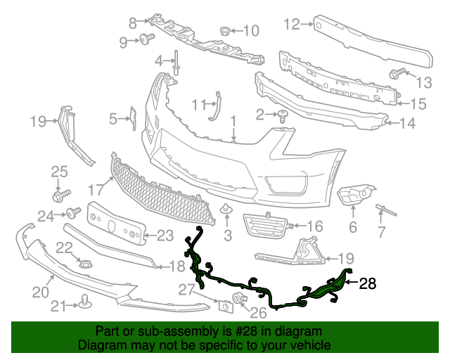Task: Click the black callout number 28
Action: tap(368, 285)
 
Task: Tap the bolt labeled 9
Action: tap(147, 39)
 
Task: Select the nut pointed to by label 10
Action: tap(225, 30)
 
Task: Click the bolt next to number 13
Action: tap(394, 73)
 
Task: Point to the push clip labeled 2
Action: tap(283, 115)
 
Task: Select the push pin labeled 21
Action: tap(84, 304)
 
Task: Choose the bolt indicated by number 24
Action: tap(70, 214)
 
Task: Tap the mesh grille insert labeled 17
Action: tap(162, 188)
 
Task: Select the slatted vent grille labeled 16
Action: tap(265, 226)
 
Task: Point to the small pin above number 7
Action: tap(387, 209)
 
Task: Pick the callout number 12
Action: tap(291, 24)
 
